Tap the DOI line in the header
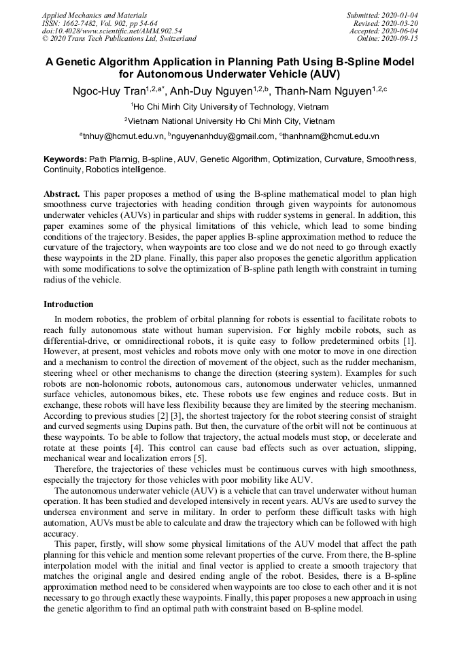click(112, 31)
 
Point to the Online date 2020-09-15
click(400, 39)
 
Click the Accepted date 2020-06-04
click(400, 31)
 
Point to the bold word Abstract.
click(62, 194)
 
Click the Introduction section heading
click(69, 304)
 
